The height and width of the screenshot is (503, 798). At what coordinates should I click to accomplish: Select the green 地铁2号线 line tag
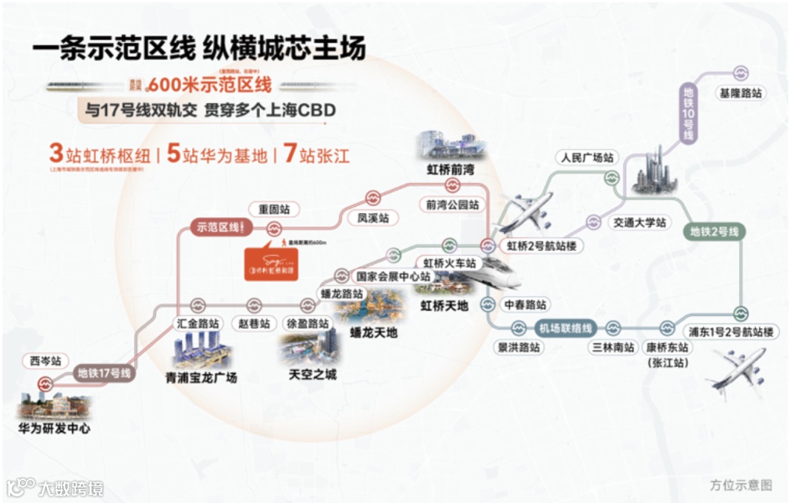(x=715, y=232)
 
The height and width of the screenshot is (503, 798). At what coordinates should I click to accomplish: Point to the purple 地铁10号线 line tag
(x=688, y=114)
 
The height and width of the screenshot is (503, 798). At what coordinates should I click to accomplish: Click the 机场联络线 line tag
(x=565, y=329)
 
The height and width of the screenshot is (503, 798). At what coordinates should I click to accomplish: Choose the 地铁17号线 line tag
(x=105, y=374)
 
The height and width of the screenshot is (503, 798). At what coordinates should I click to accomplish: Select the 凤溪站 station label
(x=372, y=219)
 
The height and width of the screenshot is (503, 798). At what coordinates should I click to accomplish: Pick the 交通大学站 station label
(x=640, y=222)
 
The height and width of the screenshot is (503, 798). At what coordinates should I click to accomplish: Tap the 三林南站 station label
(x=613, y=347)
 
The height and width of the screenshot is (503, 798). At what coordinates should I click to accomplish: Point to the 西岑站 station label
(x=45, y=362)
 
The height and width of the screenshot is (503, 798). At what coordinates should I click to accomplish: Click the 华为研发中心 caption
(x=54, y=428)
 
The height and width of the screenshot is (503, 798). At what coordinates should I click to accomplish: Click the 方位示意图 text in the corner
(x=740, y=485)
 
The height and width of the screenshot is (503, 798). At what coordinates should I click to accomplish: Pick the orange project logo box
(x=271, y=261)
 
